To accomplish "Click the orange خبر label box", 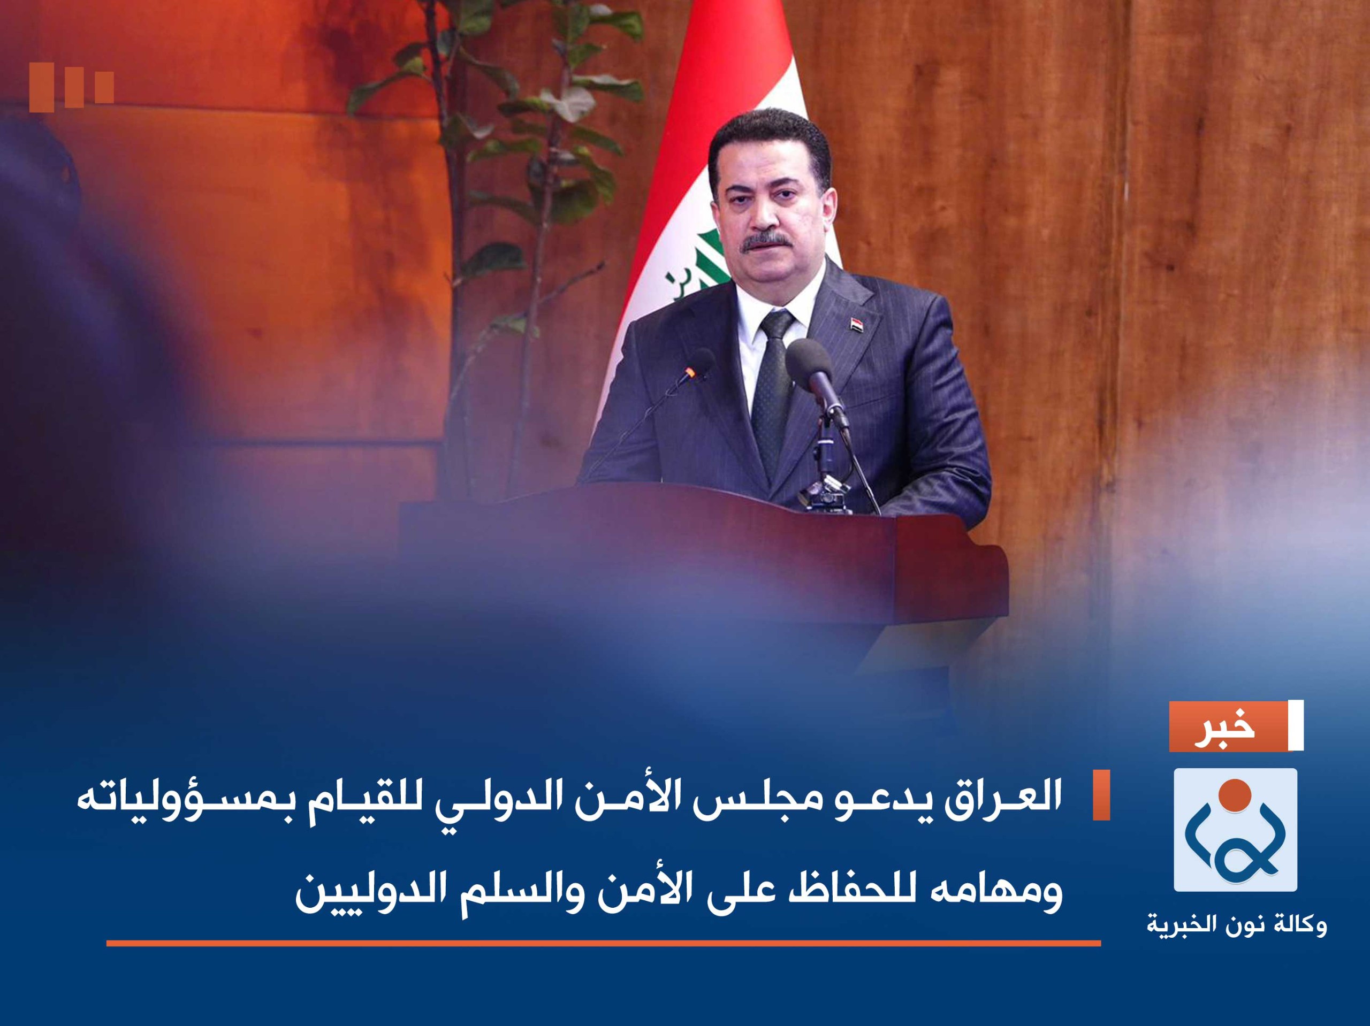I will (x=1227, y=726).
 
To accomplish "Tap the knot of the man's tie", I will (x=777, y=326).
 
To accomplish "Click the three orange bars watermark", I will (x=71, y=90).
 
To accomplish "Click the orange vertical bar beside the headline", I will (x=1101, y=795).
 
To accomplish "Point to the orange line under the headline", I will (x=603, y=943).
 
